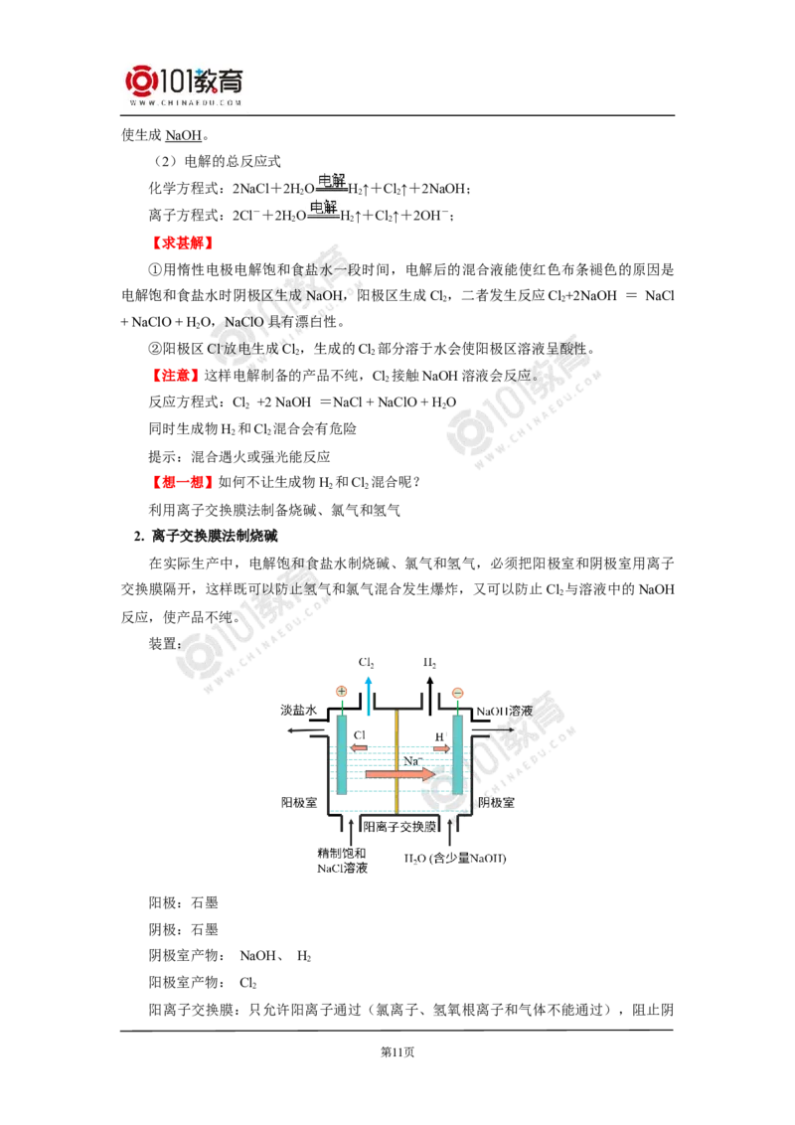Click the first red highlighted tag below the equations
pos(182,242)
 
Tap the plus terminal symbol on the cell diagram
pos(341,692)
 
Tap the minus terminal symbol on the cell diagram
pos(457,692)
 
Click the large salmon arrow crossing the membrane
pos(398,773)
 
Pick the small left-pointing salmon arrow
pos(359,747)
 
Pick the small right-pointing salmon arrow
pos(439,747)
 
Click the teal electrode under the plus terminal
pos(341,755)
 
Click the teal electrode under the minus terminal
pos(457,755)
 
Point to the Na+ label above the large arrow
pos(412,760)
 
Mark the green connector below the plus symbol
pos(341,709)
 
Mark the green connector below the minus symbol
pos(457,709)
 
